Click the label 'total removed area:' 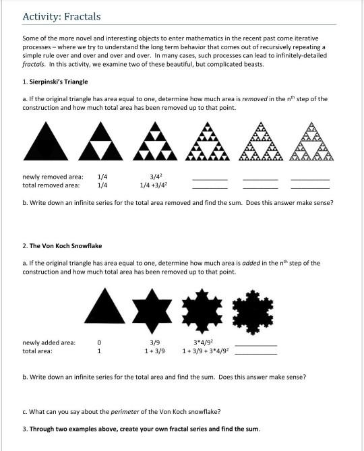coord(51,184)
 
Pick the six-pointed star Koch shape coord(156,305)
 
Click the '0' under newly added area coord(99,342)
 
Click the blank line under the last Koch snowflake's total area coord(255,353)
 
